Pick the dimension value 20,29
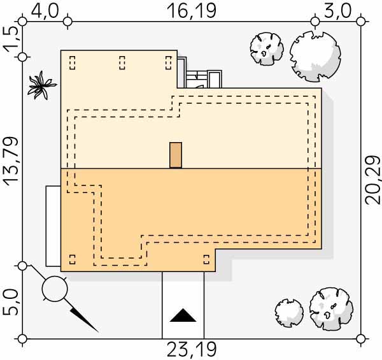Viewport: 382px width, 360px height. click(x=372, y=179)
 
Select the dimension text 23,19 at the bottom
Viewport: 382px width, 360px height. click(x=192, y=349)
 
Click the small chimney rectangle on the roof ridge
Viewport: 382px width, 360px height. click(x=176, y=155)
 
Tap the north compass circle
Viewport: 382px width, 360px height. click(x=54, y=289)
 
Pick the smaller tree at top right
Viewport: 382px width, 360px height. click(x=267, y=48)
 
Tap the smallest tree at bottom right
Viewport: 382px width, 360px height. click(x=289, y=312)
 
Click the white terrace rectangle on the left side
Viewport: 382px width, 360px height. click(x=52, y=226)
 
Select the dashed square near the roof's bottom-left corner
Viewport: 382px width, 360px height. click(x=72, y=259)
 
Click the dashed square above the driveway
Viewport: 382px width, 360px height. click(x=206, y=259)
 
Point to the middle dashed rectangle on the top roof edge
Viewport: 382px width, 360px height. click(x=122, y=62)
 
